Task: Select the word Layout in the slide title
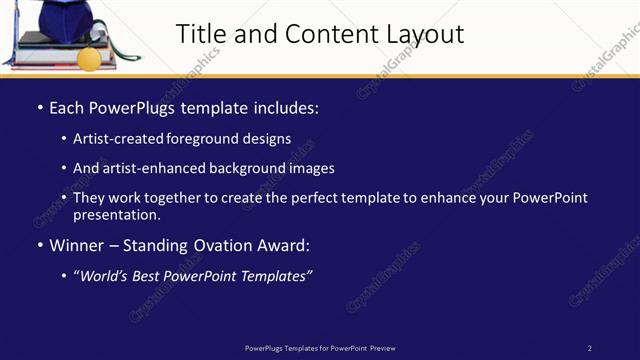click(421, 34)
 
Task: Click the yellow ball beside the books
click(89, 59)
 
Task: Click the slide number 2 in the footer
click(589, 348)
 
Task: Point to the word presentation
click(115, 214)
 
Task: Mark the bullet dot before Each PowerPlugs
click(39, 106)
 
